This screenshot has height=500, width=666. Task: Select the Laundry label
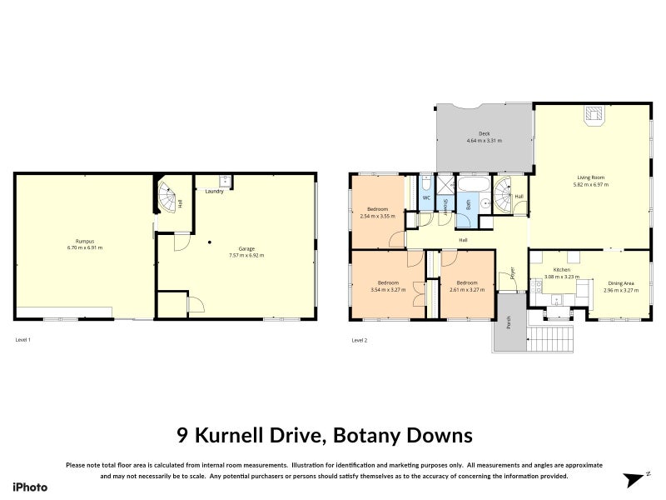click(214, 191)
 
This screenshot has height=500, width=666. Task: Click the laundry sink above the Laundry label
click(225, 179)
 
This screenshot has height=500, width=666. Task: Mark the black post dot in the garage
click(210, 242)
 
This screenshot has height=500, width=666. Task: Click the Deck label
click(484, 133)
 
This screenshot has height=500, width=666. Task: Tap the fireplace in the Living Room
click(594, 116)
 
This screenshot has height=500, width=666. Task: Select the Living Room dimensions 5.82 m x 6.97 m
click(590, 184)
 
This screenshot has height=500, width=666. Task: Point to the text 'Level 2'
click(360, 340)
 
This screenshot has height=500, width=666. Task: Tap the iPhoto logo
click(30, 487)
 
